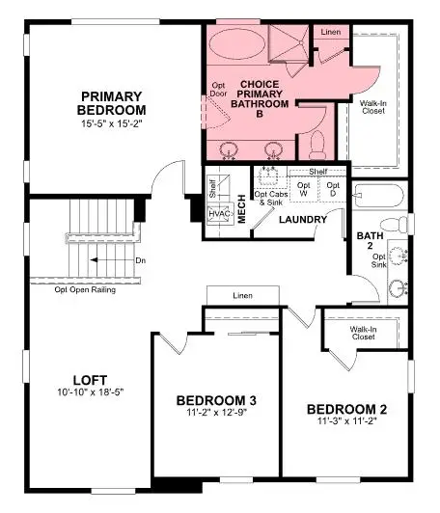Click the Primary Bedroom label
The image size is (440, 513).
coord(112,103)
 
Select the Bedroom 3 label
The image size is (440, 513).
coord(215,400)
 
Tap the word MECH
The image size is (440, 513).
coord(242,210)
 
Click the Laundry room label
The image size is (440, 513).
coord(299,220)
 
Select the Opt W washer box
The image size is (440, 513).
coord(304,190)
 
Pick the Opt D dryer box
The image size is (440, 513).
coord(333,190)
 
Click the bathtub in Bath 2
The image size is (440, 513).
coord(378,198)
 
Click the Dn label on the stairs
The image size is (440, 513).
coord(141,260)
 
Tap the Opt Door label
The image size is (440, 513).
coord(219,90)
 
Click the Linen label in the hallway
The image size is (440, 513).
coord(241,295)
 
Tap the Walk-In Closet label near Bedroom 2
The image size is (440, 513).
coord(362,333)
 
